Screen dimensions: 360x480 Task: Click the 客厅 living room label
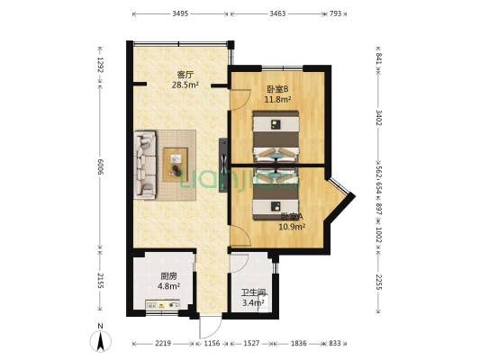tap(185, 75)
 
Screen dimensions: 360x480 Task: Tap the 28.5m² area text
tap(185, 85)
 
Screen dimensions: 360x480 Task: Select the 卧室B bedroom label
tap(277, 89)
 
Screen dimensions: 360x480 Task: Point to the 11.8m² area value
tap(277, 100)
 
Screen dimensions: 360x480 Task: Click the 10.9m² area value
tap(291, 227)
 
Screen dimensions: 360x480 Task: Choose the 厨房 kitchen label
tap(168, 276)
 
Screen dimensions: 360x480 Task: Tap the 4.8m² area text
tap(168, 287)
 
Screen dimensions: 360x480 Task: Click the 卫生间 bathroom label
tap(253, 292)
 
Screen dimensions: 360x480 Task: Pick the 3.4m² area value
tap(253, 303)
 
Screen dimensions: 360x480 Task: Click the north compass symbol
tap(101, 339)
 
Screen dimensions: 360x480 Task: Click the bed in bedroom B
tap(276, 134)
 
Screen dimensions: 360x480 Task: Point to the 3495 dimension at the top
tap(180, 14)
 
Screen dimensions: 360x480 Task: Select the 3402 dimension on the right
tap(379, 117)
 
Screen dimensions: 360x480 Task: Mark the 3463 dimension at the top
tap(277, 14)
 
